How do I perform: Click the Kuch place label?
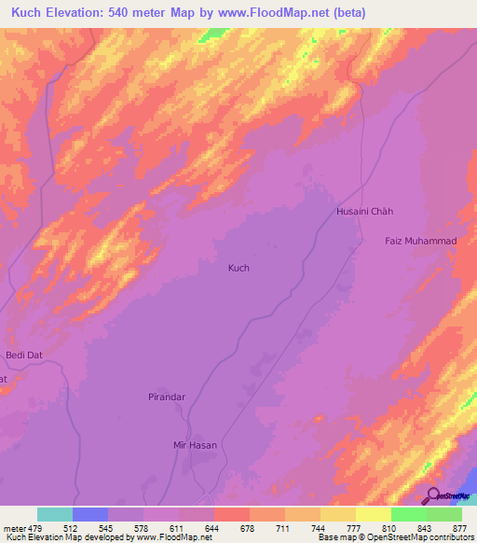pyautogui.click(x=238, y=268)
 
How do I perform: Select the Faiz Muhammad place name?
pyautogui.click(x=420, y=242)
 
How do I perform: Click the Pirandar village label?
pyautogui.click(x=168, y=397)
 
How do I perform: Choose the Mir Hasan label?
pyautogui.click(x=196, y=445)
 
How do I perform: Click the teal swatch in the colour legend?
pyautogui.click(x=55, y=514)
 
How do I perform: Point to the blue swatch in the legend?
pyautogui.click(x=90, y=514)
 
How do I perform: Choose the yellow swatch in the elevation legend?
pyautogui.click(x=373, y=514)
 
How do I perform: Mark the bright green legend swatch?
pyautogui.click(x=408, y=514)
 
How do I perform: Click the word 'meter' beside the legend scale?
pyautogui.click(x=13, y=527)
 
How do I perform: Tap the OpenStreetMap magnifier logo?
pyautogui.click(x=434, y=496)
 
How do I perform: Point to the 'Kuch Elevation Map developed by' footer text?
pyautogui.click(x=60, y=537)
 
